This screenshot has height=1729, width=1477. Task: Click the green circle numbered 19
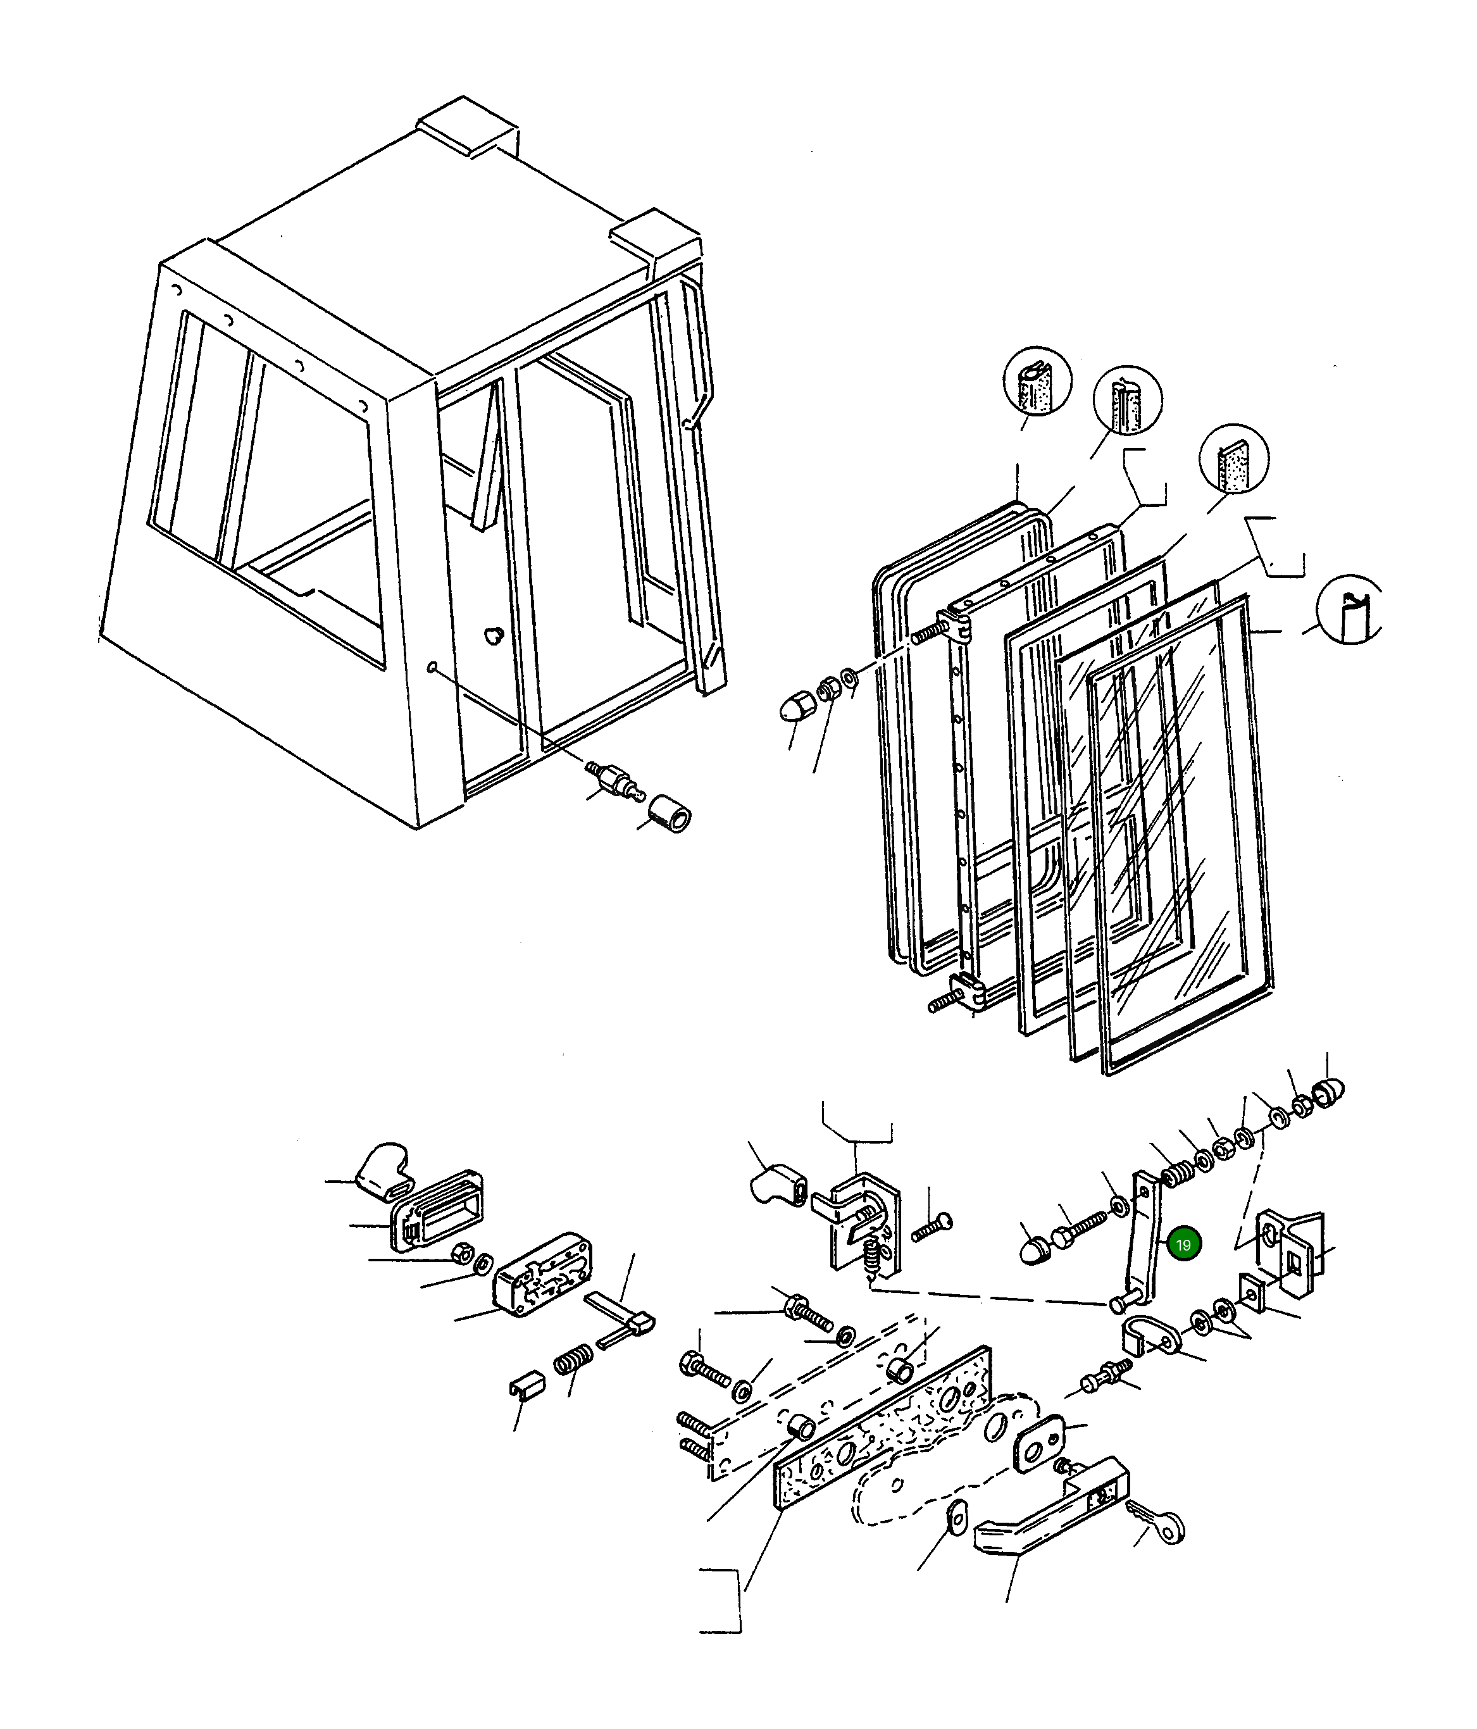tap(1183, 1245)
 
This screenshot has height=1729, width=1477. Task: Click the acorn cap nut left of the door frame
tap(794, 708)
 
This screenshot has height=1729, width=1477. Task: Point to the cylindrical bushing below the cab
tap(670, 814)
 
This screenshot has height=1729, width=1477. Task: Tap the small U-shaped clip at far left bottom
tap(526, 1387)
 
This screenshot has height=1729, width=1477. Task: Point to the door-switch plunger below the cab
tap(613, 775)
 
